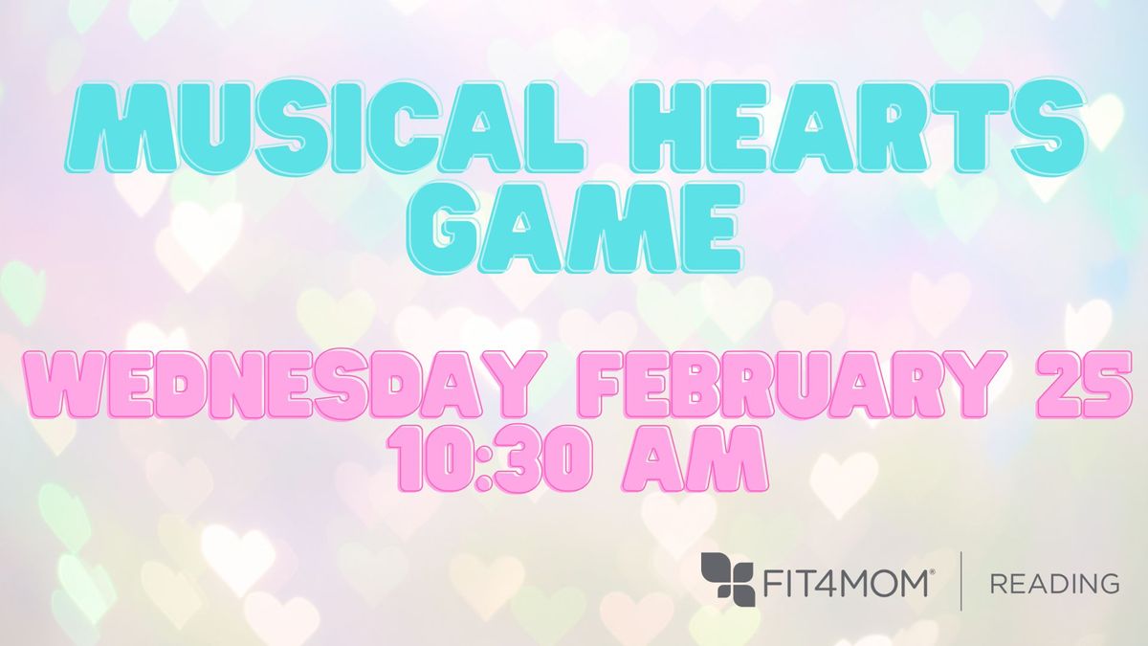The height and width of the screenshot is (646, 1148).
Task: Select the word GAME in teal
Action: pyautogui.click(x=575, y=227)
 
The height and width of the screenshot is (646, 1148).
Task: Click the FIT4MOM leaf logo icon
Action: pyautogui.click(x=728, y=582)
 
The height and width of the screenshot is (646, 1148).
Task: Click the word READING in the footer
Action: pyautogui.click(x=1054, y=584)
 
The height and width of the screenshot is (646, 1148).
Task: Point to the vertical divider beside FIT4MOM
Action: pyautogui.click(x=960, y=581)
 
